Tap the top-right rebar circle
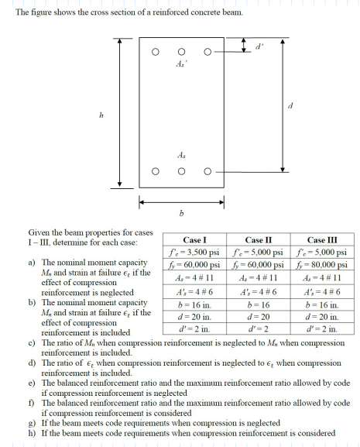tap(207, 53)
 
